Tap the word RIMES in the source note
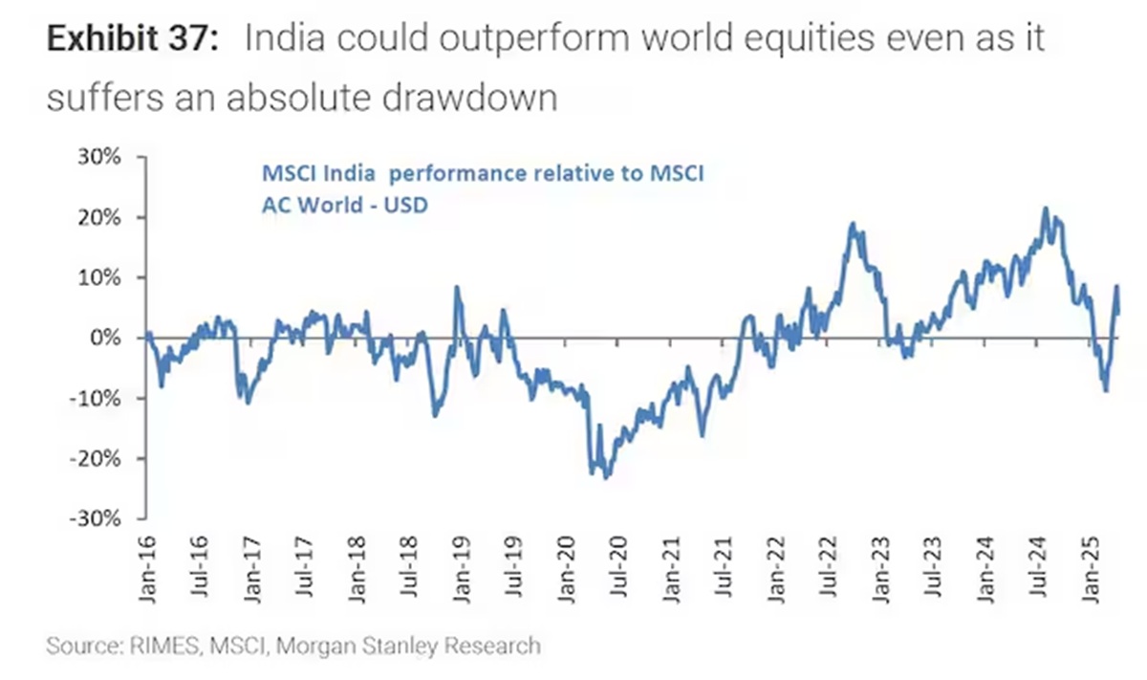tap(160, 647)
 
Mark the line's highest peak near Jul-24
tap(1046, 208)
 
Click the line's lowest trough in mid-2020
tap(606, 476)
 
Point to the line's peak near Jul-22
tap(852, 226)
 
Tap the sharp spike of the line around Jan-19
tap(457, 287)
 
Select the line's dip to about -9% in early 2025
tap(1106, 389)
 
